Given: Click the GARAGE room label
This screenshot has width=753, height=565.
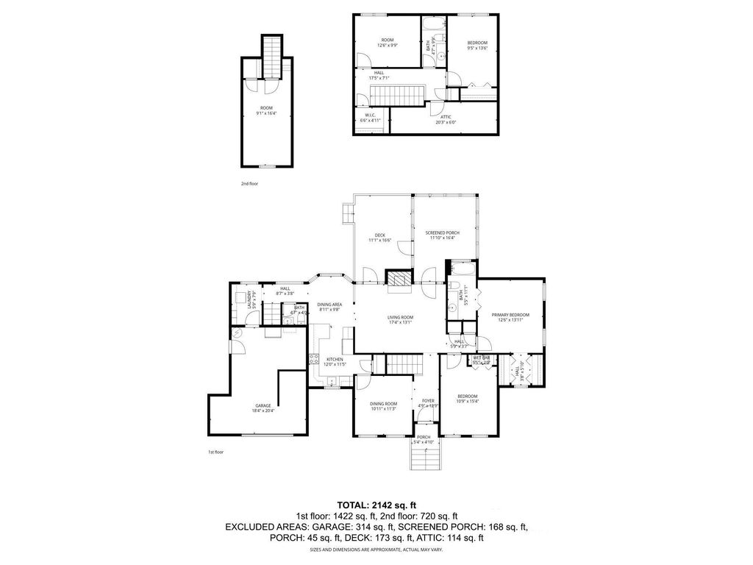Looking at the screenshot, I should pos(263,405).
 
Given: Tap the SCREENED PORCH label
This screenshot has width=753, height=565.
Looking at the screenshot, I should pos(442,232).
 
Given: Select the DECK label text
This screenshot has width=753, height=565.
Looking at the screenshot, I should pos(380,235).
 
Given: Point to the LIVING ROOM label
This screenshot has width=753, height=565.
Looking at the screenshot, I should pos(401,318).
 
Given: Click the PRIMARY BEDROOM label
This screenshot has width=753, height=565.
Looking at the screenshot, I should pos(510,314).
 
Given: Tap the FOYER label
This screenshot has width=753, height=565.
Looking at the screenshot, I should pos(427,400).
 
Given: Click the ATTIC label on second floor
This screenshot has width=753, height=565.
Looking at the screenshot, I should pos(446,117).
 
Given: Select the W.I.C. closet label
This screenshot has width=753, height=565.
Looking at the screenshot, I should pos(370,116).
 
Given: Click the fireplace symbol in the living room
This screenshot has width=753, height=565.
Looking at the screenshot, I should pos(398,277).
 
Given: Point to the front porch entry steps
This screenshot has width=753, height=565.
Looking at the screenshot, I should pos(427,460).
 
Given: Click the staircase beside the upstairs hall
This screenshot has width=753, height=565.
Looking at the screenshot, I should pos(398,94).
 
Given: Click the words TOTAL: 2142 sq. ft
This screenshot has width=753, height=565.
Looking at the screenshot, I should pos(376,505).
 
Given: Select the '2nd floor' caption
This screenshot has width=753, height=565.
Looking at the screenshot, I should pos(250,183).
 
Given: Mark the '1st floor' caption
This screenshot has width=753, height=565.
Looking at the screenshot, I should pos(217,453).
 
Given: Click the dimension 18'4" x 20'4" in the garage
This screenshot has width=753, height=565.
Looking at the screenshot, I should pos(263,411).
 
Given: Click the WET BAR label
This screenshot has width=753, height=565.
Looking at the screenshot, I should pos(482,358).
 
